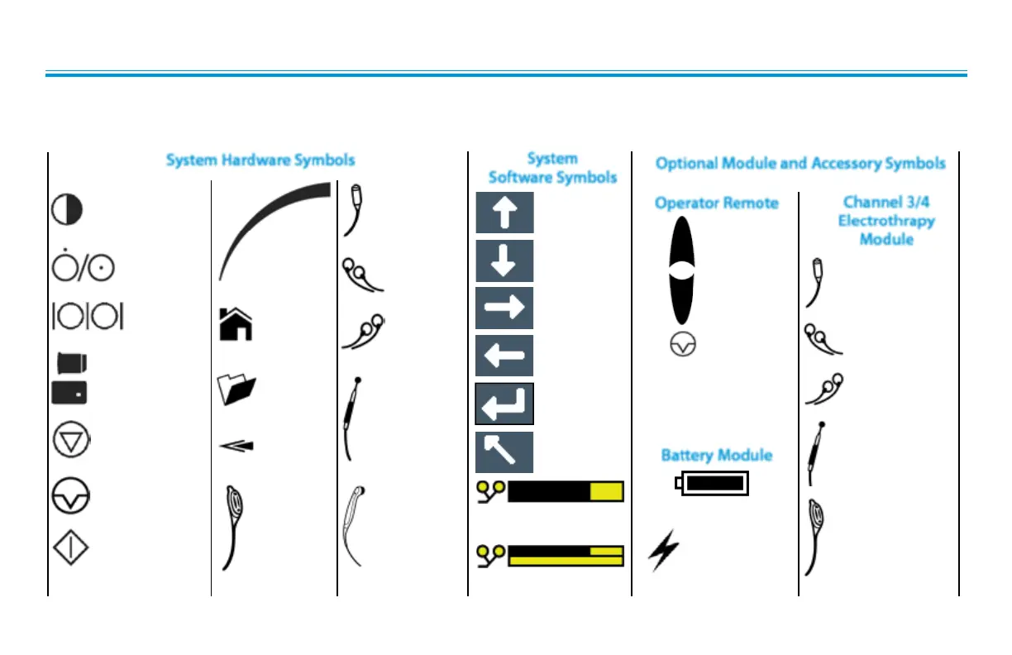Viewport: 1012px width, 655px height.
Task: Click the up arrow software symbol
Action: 504,213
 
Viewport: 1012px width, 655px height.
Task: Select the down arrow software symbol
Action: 504,261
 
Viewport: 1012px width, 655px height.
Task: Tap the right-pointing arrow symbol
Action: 504,308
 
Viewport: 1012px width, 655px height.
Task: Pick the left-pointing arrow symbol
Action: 504,356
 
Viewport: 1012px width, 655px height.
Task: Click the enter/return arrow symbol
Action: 504,404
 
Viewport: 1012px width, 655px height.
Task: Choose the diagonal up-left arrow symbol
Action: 504,452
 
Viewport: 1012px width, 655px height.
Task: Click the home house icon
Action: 235,323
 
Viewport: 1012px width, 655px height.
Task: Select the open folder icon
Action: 236,389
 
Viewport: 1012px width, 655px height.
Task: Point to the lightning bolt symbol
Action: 664,552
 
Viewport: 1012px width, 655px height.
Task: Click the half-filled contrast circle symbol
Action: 67,210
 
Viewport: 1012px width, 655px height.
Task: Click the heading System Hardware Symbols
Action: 260,160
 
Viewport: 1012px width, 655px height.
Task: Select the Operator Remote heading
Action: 716,203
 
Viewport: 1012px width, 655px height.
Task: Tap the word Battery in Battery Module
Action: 690,455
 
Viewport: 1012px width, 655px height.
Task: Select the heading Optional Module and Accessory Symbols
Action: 800,163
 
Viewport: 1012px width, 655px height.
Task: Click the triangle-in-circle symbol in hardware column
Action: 71,440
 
